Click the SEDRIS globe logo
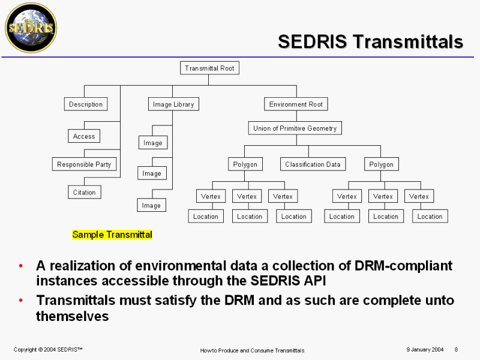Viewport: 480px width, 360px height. tap(31, 28)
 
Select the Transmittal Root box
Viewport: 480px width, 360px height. tap(209, 68)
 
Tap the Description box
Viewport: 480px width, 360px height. tap(86, 104)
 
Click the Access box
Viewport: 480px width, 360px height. tap(84, 136)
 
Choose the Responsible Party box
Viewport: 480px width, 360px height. tap(84, 164)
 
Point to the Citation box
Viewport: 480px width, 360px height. tap(85, 192)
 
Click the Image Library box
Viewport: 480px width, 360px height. tap(173, 104)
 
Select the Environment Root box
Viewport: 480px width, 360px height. tap(296, 104)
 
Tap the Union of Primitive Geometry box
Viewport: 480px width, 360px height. tap(295, 128)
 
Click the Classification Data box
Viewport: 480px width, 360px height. tap(313, 164)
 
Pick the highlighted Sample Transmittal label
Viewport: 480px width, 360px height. tap(112, 235)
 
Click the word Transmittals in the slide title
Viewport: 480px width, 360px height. tap(408, 41)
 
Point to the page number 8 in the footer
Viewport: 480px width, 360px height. tap(456, 349)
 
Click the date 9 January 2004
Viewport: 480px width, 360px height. tap(425, 349)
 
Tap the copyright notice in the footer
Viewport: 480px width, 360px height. tap(48, 349)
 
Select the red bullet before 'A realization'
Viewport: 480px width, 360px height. tap(21, 266)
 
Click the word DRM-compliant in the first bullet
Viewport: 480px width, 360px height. tap(403, 266)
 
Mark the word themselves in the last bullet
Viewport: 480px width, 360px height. tap(73, 316)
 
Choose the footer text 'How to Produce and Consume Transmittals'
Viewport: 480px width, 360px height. tap(252, 350)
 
